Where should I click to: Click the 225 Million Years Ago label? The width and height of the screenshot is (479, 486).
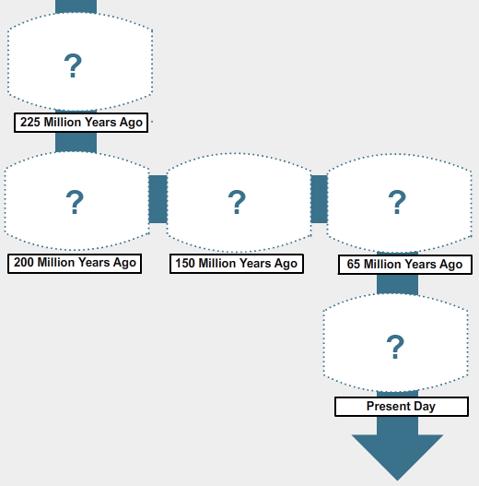pyautogui.click(x=81, y=123)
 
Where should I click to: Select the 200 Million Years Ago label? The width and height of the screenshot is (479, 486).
pyautogui.click(x=75, y=264)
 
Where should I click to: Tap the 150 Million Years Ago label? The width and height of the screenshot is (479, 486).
pyautogui.click(x=237, y=264)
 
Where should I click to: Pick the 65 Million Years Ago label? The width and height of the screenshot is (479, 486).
pyautogui.click(x=405, y=265)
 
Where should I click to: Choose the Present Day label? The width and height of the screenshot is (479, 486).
pyautogui.click(x=402, y=407)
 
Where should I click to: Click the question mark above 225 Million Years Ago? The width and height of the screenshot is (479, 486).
pyautogui.click(x=73, y=65)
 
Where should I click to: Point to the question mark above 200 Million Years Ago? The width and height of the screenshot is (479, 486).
pyautogui.click(x=75, y=202)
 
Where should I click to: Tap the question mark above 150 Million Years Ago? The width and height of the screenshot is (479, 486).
pyautogui.click(x=237, y=202)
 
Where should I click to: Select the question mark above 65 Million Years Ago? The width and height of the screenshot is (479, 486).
pyautogui.click(x=397, y=202)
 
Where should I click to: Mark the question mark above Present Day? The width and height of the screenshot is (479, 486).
pyautogui.click(x=395, y=347)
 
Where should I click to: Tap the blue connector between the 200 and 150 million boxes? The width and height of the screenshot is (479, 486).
pyautogui.click(x=158, y=199)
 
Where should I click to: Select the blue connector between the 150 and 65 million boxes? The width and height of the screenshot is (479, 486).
pyautogui.click(x=320, y=199)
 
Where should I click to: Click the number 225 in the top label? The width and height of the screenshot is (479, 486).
pyautogui.click(x=30, y=122)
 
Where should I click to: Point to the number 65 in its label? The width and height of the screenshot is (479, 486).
pyautogui.click(x=354, y=264)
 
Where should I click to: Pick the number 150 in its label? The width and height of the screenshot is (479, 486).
pyautogui.click(x=185, y=264)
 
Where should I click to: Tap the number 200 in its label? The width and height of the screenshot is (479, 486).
pyautogui.click(x=24, y=263)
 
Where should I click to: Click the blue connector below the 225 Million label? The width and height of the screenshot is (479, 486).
pyautogui.click(x=76, y=143)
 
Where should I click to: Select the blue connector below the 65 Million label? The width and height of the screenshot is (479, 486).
pyautogui.click(x=397, y=285)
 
